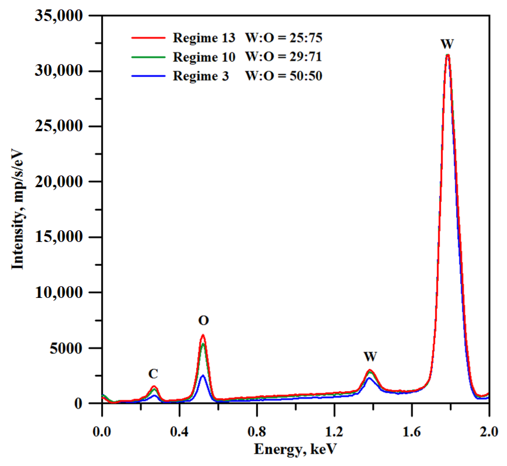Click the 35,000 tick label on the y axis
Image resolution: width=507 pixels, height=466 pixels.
coord(58,16)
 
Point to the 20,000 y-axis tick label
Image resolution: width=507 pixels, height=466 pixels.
coord(58,182)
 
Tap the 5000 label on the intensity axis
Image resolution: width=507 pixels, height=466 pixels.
coord(66,348)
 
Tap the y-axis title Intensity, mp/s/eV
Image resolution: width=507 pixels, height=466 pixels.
coord(18,209)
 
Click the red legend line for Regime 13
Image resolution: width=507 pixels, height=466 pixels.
coord(148,38)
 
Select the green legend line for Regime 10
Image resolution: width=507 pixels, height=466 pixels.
coord(148,57)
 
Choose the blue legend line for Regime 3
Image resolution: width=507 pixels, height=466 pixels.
coord(148,76)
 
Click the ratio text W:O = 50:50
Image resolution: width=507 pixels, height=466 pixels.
coord(284,76)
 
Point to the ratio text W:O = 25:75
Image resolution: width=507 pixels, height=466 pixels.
coord(284,38)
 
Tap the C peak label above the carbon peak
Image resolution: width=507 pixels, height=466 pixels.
coord(153,374)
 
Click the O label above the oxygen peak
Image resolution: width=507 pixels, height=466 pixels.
coord(203,321)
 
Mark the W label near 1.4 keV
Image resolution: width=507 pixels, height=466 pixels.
coord(370,357)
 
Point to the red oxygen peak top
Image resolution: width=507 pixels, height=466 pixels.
coord(203,335)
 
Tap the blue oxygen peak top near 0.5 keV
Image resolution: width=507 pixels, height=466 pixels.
coord(203,376)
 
